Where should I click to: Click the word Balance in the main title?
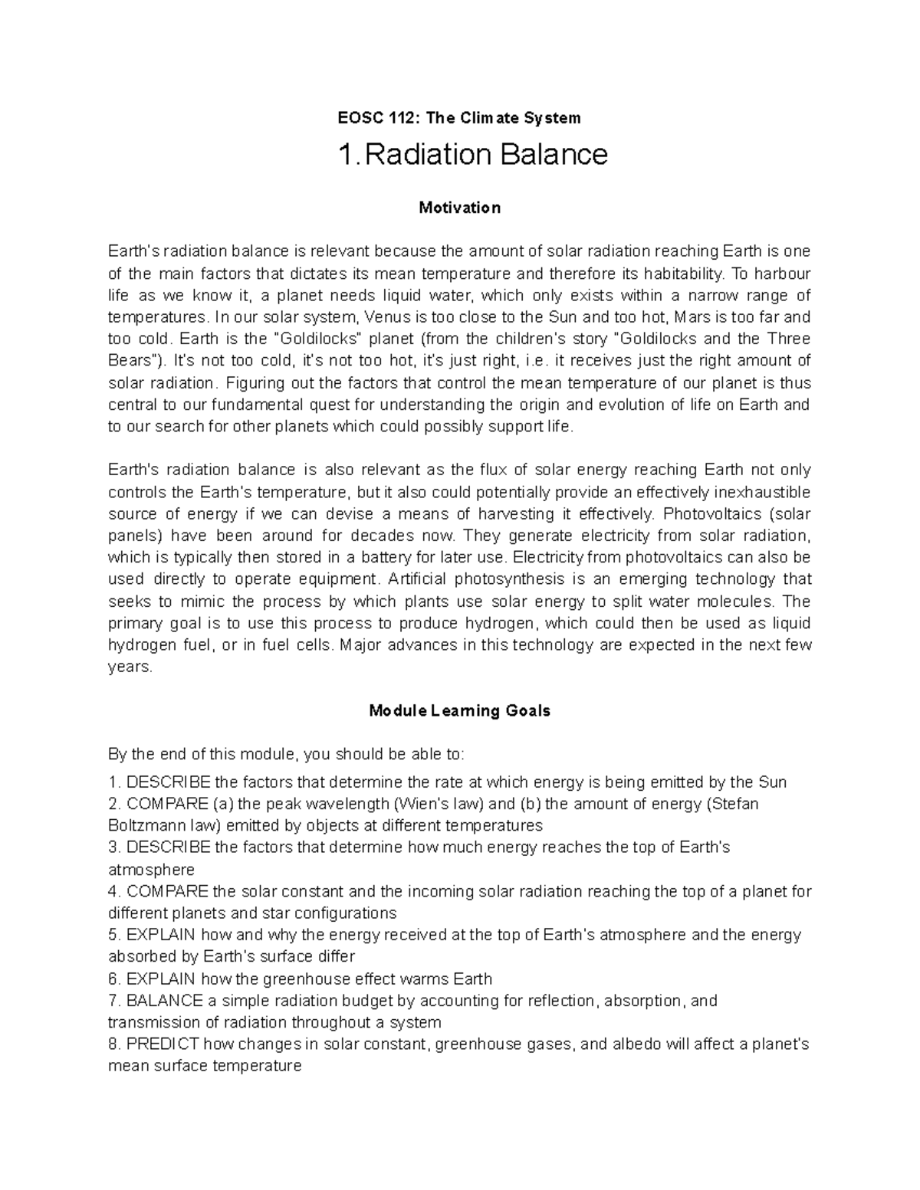[x=554, y=156]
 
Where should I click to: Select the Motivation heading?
[x=460, y=208]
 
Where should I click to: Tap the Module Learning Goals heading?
[x=460, y=710]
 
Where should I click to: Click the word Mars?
[x=690, y=317]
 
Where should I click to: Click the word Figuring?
[x=253, y=383]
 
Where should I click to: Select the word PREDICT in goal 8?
[x=163, y=1044]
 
